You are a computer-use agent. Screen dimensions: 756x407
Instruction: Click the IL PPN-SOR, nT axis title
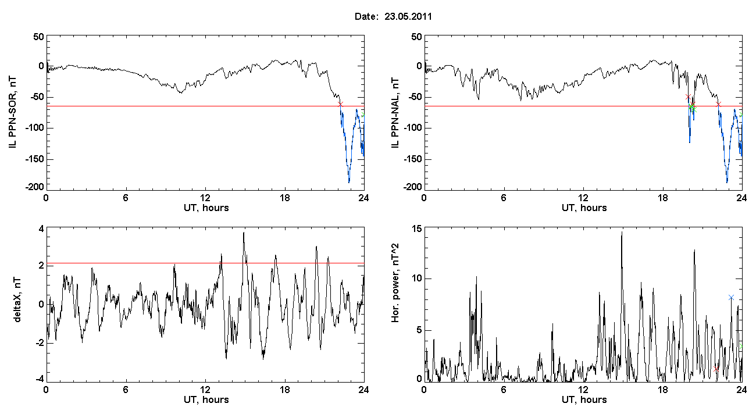12,113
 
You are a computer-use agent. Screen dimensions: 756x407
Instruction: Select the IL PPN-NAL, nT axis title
395,113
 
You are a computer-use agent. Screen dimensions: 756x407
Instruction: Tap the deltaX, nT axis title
17,300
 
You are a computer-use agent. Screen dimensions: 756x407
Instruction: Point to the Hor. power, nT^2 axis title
395,283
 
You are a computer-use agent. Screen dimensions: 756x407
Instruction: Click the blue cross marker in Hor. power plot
731,297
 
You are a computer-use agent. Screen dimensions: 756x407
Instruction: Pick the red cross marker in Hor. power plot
716,369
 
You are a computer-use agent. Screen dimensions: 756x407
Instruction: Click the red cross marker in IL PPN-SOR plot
340,104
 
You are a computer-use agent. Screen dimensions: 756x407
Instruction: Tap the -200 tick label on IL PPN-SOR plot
35,187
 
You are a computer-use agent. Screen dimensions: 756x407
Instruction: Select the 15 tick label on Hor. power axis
417,229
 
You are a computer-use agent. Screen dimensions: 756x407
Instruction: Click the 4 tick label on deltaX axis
41,229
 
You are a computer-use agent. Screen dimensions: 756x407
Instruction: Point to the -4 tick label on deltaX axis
39,379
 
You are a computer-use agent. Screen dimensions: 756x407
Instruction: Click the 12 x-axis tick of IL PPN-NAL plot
583,198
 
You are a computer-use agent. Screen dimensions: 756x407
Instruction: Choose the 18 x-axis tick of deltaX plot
285,390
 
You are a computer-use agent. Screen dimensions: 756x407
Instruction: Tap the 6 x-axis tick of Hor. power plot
504,390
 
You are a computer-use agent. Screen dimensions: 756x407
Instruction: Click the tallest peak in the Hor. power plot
622,232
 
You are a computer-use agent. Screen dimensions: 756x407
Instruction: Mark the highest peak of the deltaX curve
244,233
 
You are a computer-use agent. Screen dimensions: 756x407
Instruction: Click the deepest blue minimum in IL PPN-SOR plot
349,182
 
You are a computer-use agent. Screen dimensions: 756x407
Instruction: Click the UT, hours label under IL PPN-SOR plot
206,208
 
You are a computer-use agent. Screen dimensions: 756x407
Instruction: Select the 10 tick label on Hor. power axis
417,279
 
